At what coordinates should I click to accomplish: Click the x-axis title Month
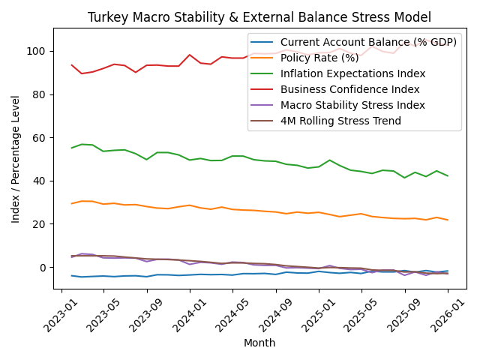pos(259,343)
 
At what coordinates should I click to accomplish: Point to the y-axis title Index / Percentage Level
pos(16,158)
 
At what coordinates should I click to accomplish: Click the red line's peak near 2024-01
pos(190,55)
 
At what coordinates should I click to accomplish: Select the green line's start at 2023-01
pos(72,148)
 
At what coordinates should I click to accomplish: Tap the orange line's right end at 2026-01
pos(448,220)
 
